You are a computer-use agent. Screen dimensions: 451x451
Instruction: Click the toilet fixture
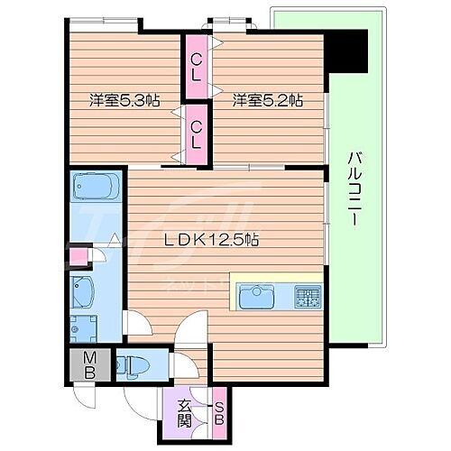click(134, 364)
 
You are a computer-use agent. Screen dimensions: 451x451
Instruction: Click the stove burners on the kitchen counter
click(307, 296)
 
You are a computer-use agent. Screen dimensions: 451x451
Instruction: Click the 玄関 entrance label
click(183, 412)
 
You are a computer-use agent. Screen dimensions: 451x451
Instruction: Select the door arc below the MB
click(88, 397)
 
